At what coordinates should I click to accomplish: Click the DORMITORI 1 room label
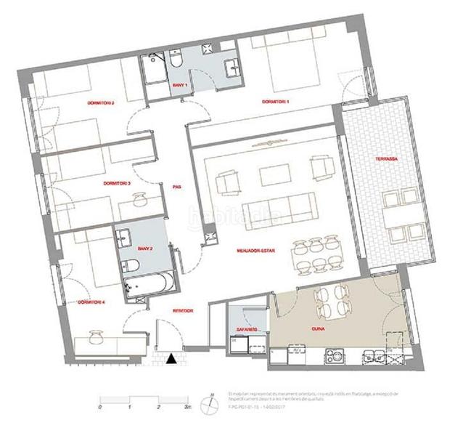tap(275, 101)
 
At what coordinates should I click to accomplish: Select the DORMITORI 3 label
tap(117, 182)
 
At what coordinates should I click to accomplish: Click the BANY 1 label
tap(179, 86)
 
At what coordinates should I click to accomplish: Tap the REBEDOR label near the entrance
tap(181, 310)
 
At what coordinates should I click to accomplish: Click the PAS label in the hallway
tap(176, 186)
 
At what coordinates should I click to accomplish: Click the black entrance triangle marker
tap(171, 358)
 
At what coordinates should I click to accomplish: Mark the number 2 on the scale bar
tap(157, 409)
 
